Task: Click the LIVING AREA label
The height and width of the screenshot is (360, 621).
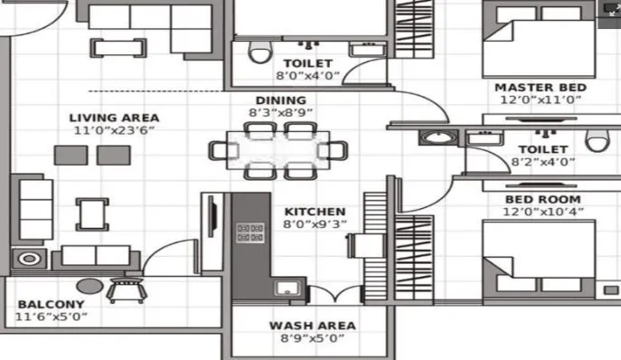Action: [115, 118]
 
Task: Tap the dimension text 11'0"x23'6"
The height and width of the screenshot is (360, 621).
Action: [115, 132]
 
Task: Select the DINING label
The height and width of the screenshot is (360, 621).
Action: [280, 100]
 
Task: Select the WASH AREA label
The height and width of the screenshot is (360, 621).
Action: [312, 326]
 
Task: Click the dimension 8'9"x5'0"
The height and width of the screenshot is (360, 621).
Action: [312, 340]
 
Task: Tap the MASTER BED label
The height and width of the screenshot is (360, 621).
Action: [541, 88]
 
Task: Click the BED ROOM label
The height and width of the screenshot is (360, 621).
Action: [542, 199]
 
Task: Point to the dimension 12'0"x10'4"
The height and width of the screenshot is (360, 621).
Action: [542, 213]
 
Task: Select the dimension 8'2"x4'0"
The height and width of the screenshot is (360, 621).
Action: [542, 163]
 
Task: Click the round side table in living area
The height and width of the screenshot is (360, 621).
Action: [30, 259]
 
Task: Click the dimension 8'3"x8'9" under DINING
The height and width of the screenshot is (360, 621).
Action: [280, 114]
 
